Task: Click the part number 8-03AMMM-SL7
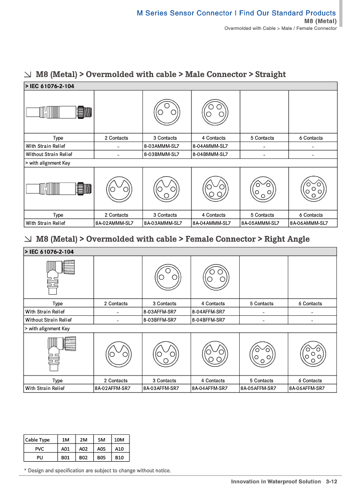coord(161,146)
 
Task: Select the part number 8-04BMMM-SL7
coord(210,155)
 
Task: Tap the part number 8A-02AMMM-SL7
coord(113,223)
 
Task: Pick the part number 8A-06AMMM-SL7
coord(309,223)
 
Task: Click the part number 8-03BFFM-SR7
coord(161,320)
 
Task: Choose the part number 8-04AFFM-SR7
coord(208,311)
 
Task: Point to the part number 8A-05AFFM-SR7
coord(258,388)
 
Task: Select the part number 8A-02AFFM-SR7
coord(112,388)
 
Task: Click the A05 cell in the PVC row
coord(101,448)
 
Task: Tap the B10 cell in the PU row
coord(119,457)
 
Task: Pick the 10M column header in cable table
coord(119,440)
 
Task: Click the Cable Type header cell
coord(38,440)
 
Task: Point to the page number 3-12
coord(331,481)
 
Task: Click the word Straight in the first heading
coord(270,74)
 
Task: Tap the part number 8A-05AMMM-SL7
coord(260,223)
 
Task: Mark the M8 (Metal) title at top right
coord(321,21)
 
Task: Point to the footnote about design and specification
coord(97,470)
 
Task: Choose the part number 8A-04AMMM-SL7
coord(211,223)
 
